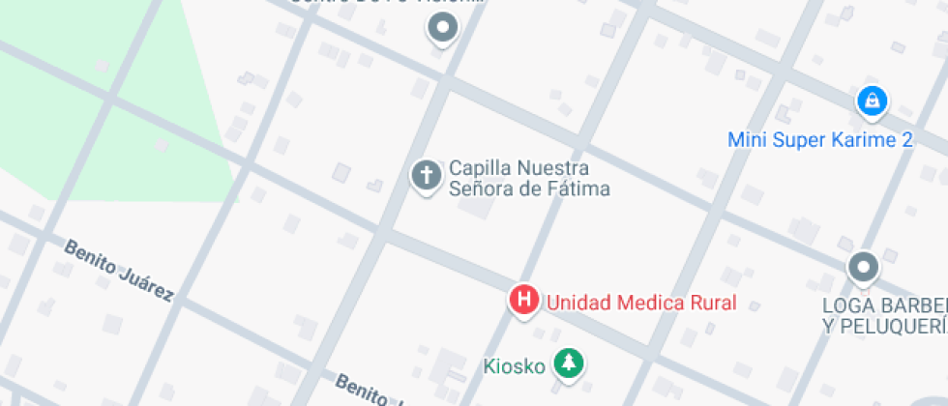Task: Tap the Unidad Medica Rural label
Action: click(x=641, y=303)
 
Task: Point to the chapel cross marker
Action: click(x=426, y=175)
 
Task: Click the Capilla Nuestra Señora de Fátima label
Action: click(x=529, y=178)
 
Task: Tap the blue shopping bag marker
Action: click(x=872, y=101)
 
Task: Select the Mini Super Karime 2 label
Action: click(x=819, y=140)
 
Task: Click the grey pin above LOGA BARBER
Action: click(x=863, y=267)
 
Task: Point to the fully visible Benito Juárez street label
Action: click(x=119, y=270)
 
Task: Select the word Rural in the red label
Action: click(x=713, y=303)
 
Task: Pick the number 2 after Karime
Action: click(x=906, y=140)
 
